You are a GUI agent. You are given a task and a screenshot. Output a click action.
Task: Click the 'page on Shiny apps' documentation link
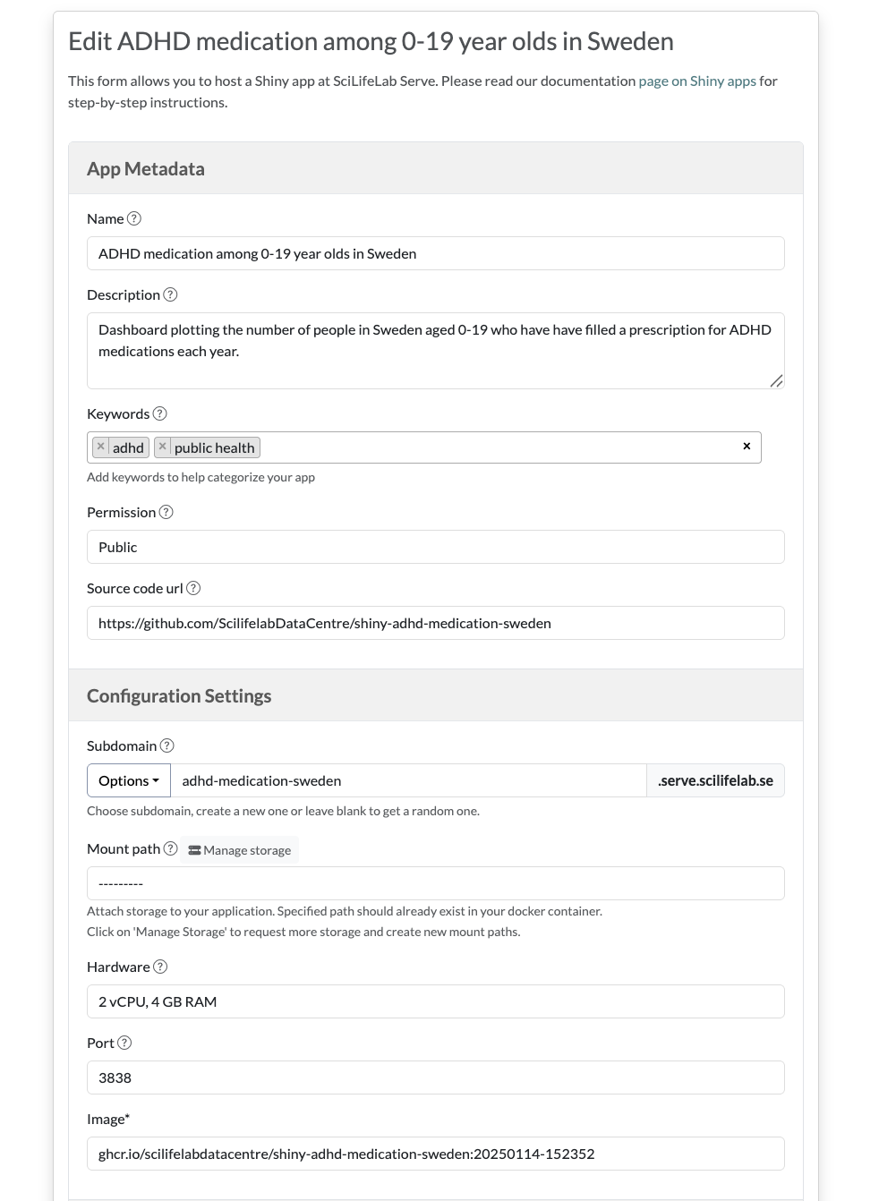[x=696, y=81]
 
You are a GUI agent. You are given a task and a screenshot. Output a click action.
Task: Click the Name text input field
[x=435, y=253]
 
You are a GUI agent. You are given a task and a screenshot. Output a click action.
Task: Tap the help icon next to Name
[x=134, y=219]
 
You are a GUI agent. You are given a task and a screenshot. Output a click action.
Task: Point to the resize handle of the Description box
[x=776, y=381]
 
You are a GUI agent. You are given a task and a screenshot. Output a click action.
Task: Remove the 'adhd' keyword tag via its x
[x=101, y=447]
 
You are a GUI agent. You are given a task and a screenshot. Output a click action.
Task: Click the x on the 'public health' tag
[x=162, y=447]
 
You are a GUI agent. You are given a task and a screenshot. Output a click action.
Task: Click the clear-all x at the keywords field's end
[x=747, y=447]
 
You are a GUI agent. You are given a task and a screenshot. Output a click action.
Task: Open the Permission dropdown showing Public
[x=435, y=547]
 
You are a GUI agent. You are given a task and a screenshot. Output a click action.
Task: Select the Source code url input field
[x=435, y=623]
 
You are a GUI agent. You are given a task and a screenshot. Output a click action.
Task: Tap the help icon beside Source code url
[x=193, y=589]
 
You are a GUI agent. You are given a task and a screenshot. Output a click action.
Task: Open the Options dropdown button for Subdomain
[x=129, y=780]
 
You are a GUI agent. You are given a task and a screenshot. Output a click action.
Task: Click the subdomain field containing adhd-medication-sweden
[x=408, y=780]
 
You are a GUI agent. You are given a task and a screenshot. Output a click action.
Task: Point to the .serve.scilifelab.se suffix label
[x=715, y=780]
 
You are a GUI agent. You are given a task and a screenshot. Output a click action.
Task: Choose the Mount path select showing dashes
[x=435, y=883]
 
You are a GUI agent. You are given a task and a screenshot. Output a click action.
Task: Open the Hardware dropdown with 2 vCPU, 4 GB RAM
[x=435, y=1001]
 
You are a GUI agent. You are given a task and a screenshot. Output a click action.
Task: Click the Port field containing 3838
[x=435, y=1077]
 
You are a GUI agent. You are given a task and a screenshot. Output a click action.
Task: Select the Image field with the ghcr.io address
[x=435, y=1154]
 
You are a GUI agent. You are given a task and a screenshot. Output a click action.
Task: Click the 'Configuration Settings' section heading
[x=179, y=696]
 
